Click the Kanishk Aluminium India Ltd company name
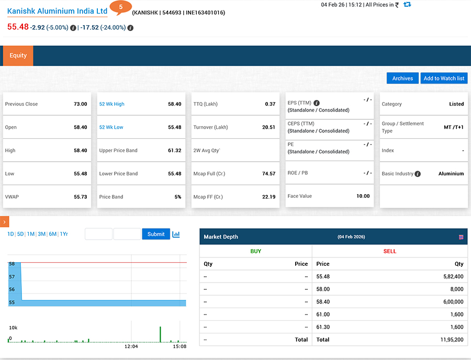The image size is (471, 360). pos(57,11)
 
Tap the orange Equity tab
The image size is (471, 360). pos(18,55)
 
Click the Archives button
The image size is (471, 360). pos(402,78)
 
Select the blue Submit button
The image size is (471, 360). pos(156,234)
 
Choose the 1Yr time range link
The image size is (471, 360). pos(64,234)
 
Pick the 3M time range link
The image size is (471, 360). pos(41,234)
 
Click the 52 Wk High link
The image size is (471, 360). pos(112,104)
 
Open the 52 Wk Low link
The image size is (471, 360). pos(111,127)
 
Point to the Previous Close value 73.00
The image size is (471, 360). pos(80,104)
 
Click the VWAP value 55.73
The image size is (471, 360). pos(80,197)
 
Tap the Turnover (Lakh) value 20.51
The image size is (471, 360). pos(268,127)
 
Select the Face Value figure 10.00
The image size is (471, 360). pos(363,196)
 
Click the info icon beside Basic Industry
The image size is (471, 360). pos(418,174)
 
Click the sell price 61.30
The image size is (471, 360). pos(323,327)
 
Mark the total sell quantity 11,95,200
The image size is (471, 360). pos(451,340)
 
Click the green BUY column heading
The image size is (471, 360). pos(255,251)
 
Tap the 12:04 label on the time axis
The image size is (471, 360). pos(131,346)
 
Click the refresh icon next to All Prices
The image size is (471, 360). pos(407,5)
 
